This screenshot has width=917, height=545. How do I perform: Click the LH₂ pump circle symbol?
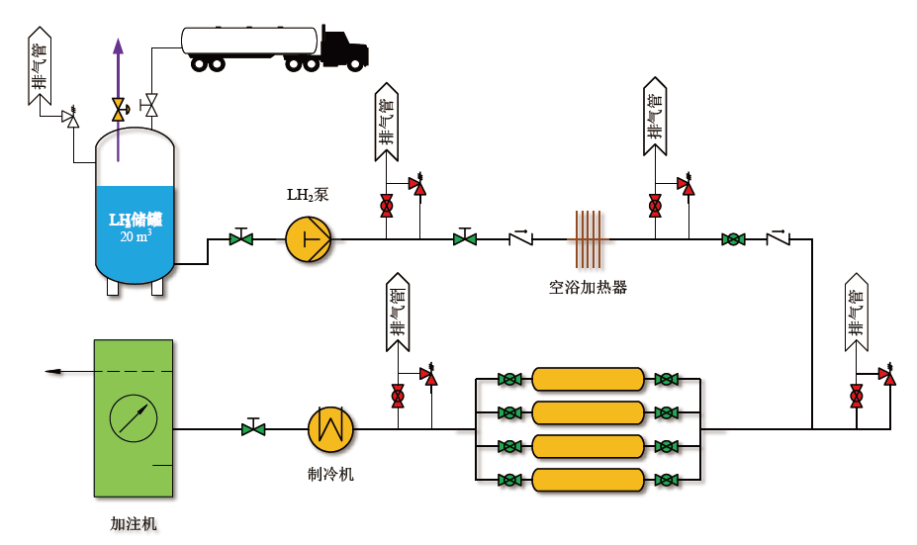(309, 239)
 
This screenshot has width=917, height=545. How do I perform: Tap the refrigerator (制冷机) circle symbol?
(330, 429)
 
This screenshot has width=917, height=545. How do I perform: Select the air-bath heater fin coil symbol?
(588, 239)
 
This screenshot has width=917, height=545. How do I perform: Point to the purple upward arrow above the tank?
(118, 100)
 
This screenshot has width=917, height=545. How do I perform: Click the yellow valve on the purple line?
(119, 110)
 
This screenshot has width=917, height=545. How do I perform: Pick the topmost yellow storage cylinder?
(588, 379)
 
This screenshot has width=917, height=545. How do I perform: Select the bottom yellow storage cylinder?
(588, 480)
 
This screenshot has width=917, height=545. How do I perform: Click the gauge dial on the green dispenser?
(134, 418)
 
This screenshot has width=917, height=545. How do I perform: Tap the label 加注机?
(134, 524)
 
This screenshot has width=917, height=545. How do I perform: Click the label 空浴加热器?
(588, 287)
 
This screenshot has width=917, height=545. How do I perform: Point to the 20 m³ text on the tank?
(136, 235)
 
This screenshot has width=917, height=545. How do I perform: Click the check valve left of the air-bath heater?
(520, 237)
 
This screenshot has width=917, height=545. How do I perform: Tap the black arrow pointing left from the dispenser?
(69, 371)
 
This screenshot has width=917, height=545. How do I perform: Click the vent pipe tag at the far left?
(40, 65)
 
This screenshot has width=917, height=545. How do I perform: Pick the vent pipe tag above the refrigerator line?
(398, 313)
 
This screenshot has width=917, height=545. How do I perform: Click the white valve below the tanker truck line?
(151, 106)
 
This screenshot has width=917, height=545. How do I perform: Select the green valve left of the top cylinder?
(509, 379)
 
